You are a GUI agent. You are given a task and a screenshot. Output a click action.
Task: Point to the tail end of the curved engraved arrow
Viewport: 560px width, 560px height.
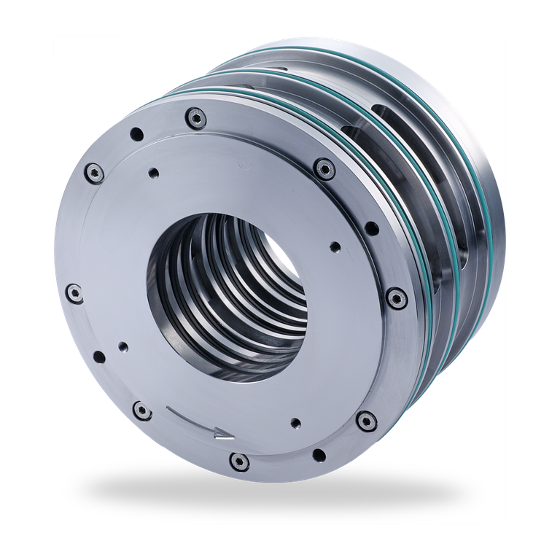[x=168, y=411]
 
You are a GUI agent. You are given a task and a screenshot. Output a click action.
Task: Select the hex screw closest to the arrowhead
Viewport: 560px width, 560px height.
[x=237, y=460]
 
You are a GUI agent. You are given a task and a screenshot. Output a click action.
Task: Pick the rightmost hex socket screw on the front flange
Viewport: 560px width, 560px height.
[x=394, y=296]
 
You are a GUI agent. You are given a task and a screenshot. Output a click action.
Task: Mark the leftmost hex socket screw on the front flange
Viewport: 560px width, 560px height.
[x=74, y=294]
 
